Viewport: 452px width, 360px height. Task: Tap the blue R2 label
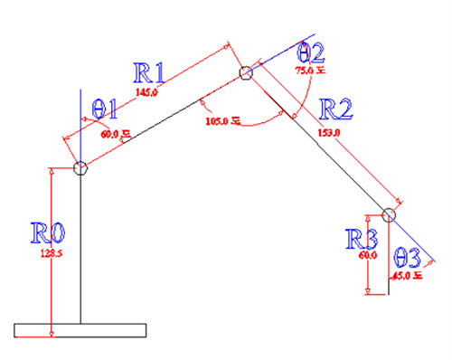(x=336, y=110)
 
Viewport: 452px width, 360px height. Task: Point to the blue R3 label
(x=362, y=239)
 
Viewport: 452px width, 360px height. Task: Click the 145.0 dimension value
(x=146, y=92)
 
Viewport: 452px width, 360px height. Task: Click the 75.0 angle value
(x=309, y=69)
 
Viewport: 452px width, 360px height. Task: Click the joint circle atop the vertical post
(x=80, y=168)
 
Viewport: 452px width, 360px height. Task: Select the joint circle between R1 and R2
(x=245, y=73)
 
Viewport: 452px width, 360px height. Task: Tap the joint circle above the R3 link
(x=388, y=215)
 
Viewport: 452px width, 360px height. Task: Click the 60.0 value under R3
(x=368, y=256)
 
